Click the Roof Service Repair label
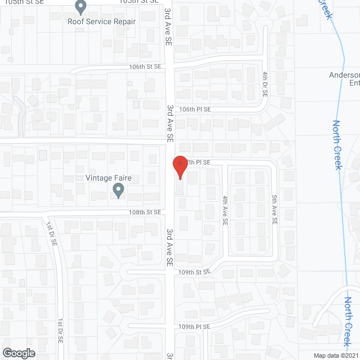coord(102,21)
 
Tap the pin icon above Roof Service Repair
coord(80,7)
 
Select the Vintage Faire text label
coord(109,178)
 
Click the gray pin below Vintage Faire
coord(119,191)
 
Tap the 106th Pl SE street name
coord(195,109)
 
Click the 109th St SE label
coord(195,271)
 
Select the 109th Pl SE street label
coord(195,326)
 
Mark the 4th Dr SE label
coord(264,84)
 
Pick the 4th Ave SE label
coord(224,210)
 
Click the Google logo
coord(18,353)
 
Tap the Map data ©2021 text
coord(335,355)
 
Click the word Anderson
coord(344,74)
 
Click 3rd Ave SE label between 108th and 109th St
coord(169,246)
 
